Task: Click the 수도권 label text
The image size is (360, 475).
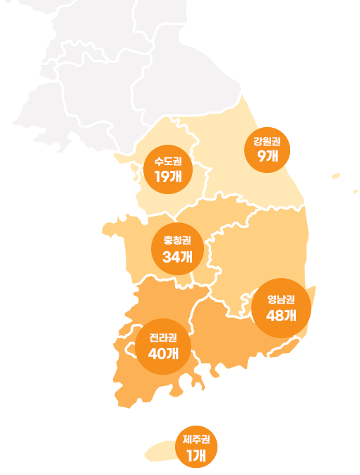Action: pyautogui.click(x=168, y=162)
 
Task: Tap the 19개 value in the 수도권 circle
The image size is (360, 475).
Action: pyautogui.click(x=168, y=176)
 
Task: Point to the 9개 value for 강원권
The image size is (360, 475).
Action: pyautogui.click(x=268, y=157)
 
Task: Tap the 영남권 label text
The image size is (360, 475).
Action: pyautogui.click(x=281, y=299)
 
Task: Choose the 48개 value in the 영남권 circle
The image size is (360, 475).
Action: pyautogui.click(x=281, y=315)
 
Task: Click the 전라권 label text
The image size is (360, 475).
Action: pyautogui.click(x=163, y=337)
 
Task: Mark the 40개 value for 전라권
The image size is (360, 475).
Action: pyautogui.click(x=163, y=353)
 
